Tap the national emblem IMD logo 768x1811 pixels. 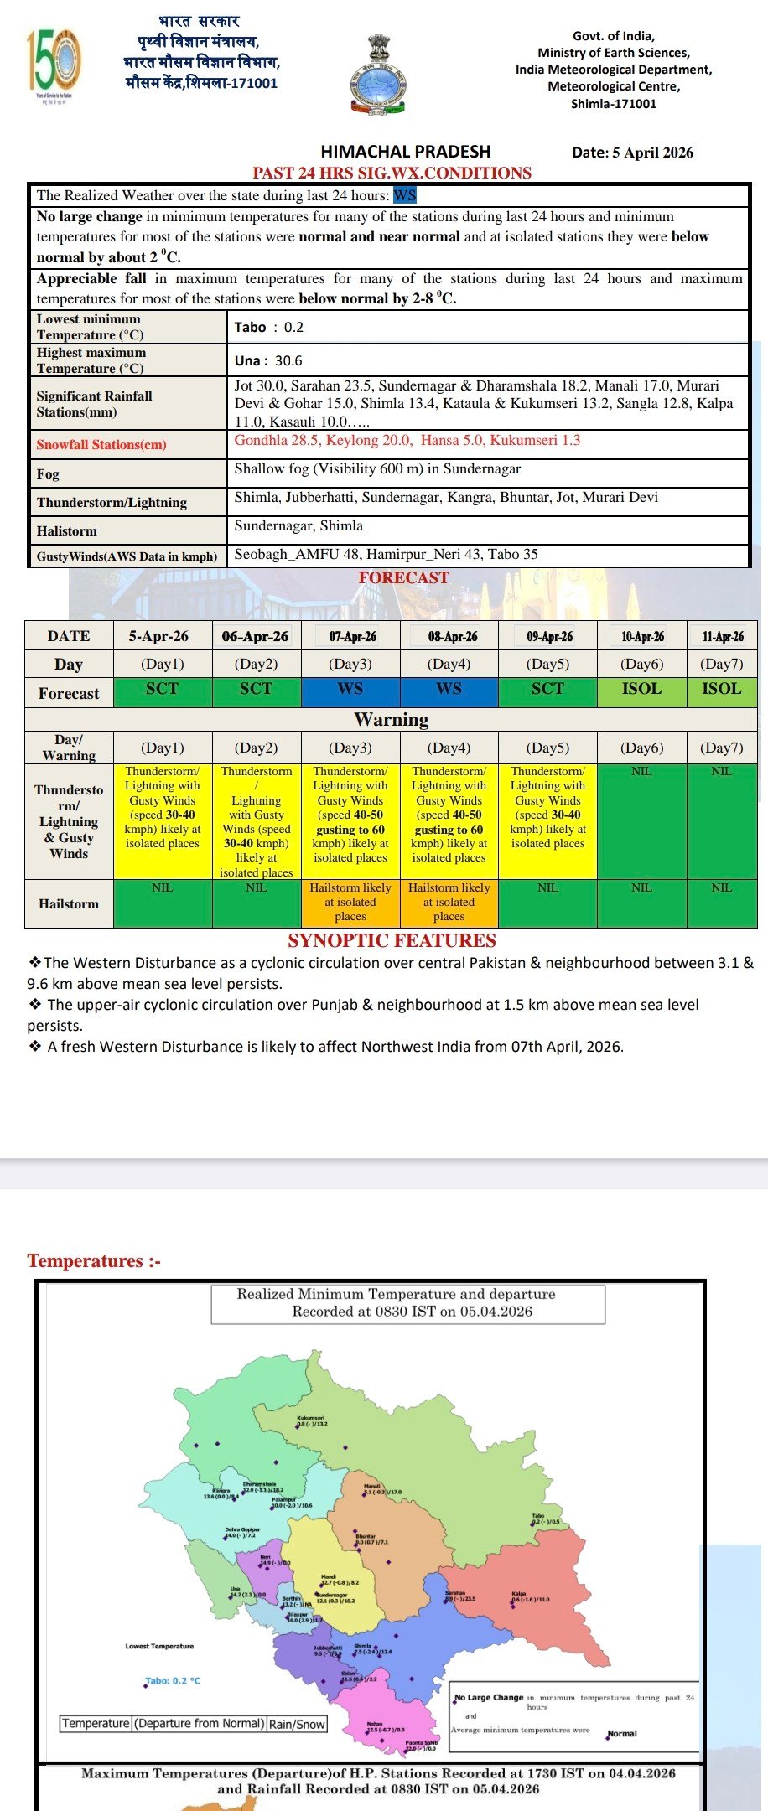pyautogui.click(x=378, y=75)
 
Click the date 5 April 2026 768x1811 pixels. pyautogui.click(x=632, y=153)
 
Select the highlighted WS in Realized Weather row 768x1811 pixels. pyautogui.click(x=405, y=195)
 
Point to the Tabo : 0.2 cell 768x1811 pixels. pyautogui.click(x=269, y=327)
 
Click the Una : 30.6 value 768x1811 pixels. pyautogui.click(x=268, y=360)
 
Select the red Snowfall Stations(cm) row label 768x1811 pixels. pyautogui.click(x=101, y=444)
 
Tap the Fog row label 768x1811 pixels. pyautogui.click(x=48, y=473)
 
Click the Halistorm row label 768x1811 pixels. pyautogui.click(x=67, y=530)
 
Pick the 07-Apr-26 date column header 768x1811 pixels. pyautogui.click(x=352, y=636)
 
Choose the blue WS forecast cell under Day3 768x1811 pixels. pyautogui.click(x=350, y=689)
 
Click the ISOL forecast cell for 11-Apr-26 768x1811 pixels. pyautogui.click(x=721, y=689)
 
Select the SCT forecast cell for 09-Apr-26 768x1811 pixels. pyautogui.click(x=547, y=689)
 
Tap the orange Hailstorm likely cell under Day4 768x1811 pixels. pyautogui.click(x=449, y=902)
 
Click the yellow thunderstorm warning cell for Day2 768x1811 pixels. pyautogui.click(x=256, y=821)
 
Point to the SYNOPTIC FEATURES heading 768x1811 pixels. pyautogui.click(x=392, y=940)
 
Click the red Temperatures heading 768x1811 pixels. pyautogui.click(x=93, y=1260)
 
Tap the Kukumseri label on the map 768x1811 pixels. pyautogui.click(x=310, y=1419)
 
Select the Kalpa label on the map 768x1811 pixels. pyautogui.click(x=519, y=1594)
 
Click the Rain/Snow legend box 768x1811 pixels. pyautogui.click(x=297, y=1724)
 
